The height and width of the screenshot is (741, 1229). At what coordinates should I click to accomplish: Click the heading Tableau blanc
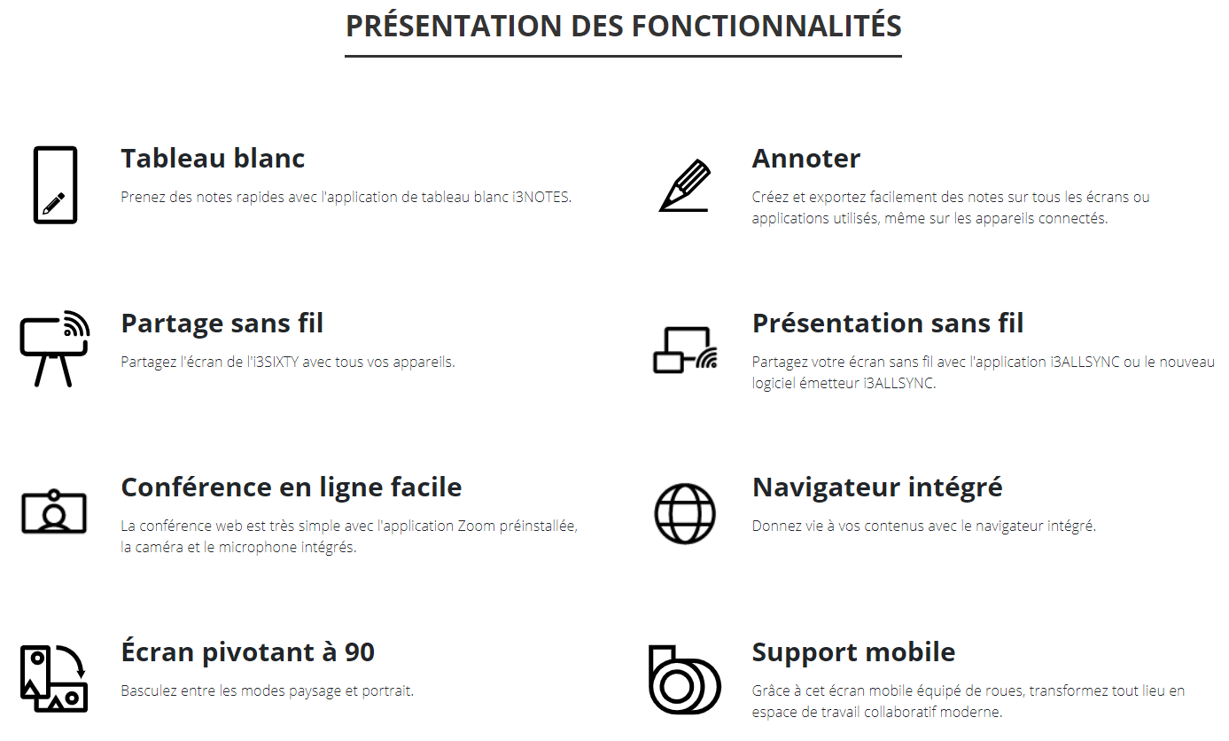[x=213, y=159]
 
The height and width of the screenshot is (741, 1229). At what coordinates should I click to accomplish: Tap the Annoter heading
[x=805, y=159]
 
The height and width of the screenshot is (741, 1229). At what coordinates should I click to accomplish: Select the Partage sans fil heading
[x=222, y=323]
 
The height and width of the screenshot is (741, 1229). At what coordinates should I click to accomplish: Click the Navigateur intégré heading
[x=876, y=487]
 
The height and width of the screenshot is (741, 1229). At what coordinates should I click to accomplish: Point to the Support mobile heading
[x=853, y=652]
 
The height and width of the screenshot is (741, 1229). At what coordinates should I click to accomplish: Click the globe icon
[x=684, y=513]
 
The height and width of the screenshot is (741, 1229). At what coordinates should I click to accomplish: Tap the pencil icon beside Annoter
[x=684, y=185]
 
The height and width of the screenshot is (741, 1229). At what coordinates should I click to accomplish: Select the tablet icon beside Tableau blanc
[x=55, y=185]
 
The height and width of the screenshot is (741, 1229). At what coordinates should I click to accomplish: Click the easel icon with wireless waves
[x=54, y=348]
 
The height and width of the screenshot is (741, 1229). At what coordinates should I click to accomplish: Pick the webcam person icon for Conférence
[x=54, y=511]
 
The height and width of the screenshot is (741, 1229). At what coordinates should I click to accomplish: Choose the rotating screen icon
[x=54, y=678]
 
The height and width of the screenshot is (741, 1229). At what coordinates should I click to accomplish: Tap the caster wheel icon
[x=684, y=680]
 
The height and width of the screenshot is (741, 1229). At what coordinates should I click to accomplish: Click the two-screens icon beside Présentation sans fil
[x=685, y=349]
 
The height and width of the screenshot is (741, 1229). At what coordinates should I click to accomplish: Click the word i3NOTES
[x=542, y=197]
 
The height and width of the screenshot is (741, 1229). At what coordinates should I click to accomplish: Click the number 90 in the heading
[x=360, y=652]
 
